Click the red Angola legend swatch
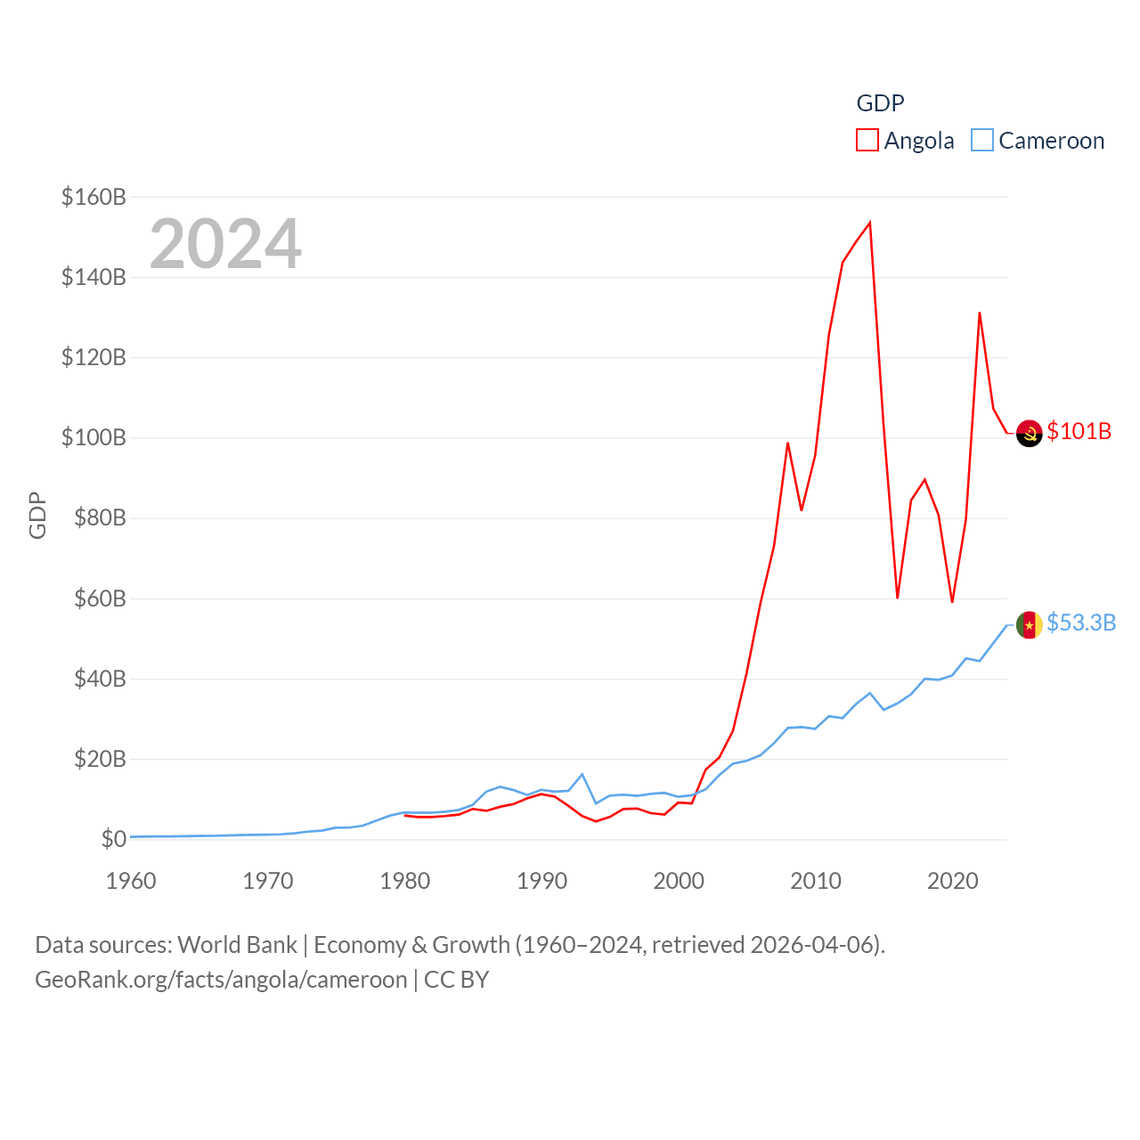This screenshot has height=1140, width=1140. point(867,140)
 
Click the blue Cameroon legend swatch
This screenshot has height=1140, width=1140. point(981,140)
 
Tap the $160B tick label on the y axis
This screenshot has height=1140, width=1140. point(94,197)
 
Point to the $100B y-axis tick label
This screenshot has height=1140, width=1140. point(94,437)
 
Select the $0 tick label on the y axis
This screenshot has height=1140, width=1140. point(114,839)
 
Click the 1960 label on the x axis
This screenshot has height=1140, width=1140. point(131,881)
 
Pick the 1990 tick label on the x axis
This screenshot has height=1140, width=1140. point(541,881)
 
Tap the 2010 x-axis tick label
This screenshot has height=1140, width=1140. point(816,881)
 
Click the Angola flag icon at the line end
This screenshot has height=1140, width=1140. point(1029,433)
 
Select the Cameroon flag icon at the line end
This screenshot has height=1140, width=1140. point(1029,625)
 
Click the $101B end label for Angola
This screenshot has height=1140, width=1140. point(1079,431)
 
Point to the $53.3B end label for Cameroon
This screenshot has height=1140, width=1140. point(1081,623)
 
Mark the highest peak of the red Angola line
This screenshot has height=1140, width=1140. point(870,223)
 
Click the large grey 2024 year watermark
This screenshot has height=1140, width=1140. point(225,243)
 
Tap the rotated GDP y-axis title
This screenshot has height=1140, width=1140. point(37,515)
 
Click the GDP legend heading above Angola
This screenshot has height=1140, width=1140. point(880,103)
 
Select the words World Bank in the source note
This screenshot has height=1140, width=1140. point(237,944)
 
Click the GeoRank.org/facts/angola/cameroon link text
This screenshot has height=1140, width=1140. point(221,980)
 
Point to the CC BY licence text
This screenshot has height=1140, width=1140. point(456,980)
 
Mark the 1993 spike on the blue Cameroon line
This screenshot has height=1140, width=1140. point(582,774)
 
